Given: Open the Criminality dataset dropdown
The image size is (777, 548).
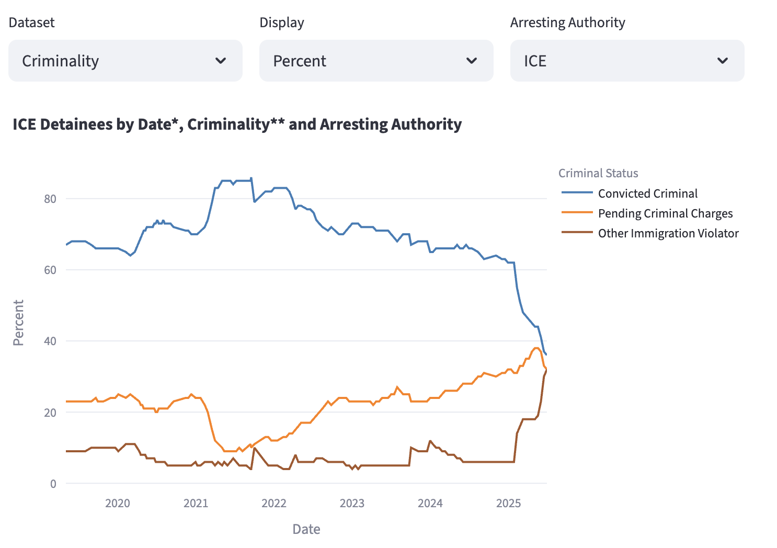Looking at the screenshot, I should point(125,61).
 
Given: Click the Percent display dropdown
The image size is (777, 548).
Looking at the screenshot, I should point(376,61).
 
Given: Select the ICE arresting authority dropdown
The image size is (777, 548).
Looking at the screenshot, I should point(627,61).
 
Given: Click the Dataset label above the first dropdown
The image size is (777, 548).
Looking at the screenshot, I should point(32,22).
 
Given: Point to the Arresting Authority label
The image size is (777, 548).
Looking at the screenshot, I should point(567,22).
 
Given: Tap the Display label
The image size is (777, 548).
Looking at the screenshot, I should point(282,22).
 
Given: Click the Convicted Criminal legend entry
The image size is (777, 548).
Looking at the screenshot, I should point(647,193).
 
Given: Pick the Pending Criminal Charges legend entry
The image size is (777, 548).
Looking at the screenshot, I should point(665,213).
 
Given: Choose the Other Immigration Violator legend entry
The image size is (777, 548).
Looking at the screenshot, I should point(668,233).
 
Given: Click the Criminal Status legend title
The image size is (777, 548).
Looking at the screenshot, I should point(598,173).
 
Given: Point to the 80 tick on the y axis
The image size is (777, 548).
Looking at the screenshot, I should point(50,199).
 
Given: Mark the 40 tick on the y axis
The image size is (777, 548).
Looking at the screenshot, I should point(50,341).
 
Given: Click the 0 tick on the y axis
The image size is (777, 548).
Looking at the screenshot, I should point(53,484).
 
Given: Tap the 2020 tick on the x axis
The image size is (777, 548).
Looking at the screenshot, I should point(118,503).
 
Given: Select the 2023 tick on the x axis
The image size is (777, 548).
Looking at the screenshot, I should point(352,503).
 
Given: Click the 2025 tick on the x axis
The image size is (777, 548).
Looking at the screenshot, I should point(508,503).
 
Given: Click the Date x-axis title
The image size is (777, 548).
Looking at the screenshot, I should point(306,529).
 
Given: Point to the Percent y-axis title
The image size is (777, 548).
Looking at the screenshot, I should point(18,323).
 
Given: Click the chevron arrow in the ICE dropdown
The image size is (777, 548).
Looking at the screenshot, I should point(723,61).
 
